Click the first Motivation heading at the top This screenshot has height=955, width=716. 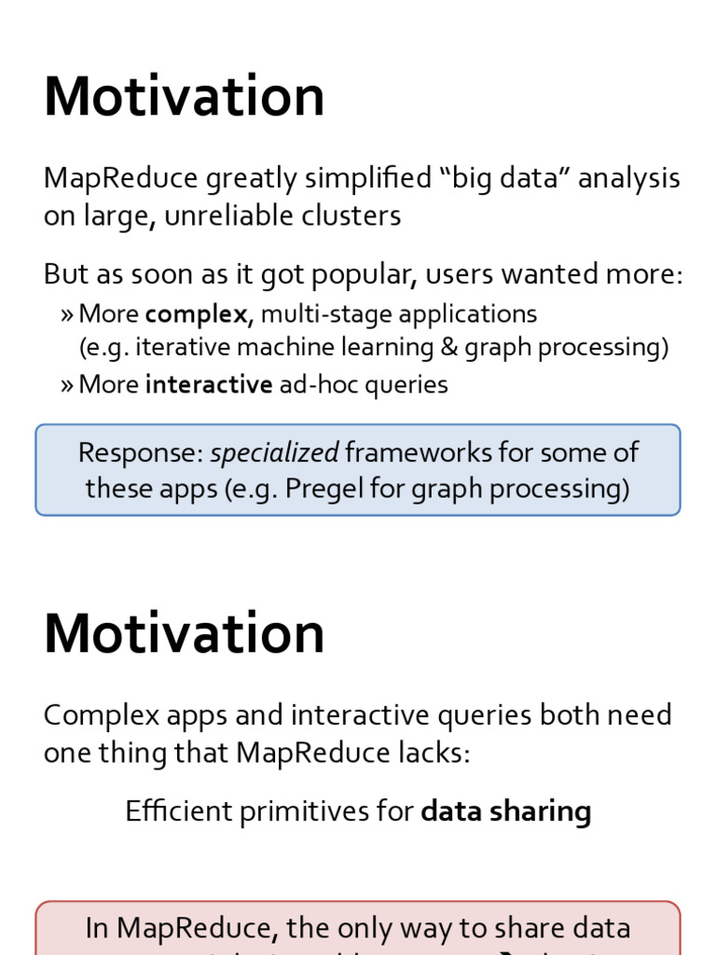[x=184, y=96]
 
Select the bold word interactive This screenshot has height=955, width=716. [x=209, y=384]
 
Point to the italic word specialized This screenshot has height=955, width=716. [x=274, y=452]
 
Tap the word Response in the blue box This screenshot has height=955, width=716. [x=140, y=452]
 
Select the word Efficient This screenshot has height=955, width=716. [x=179, y=811]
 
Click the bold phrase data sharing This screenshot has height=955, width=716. [x=505, y=811]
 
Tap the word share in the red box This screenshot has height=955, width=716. [x=523, y=928]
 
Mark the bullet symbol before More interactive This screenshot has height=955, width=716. [x=66, y=385]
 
